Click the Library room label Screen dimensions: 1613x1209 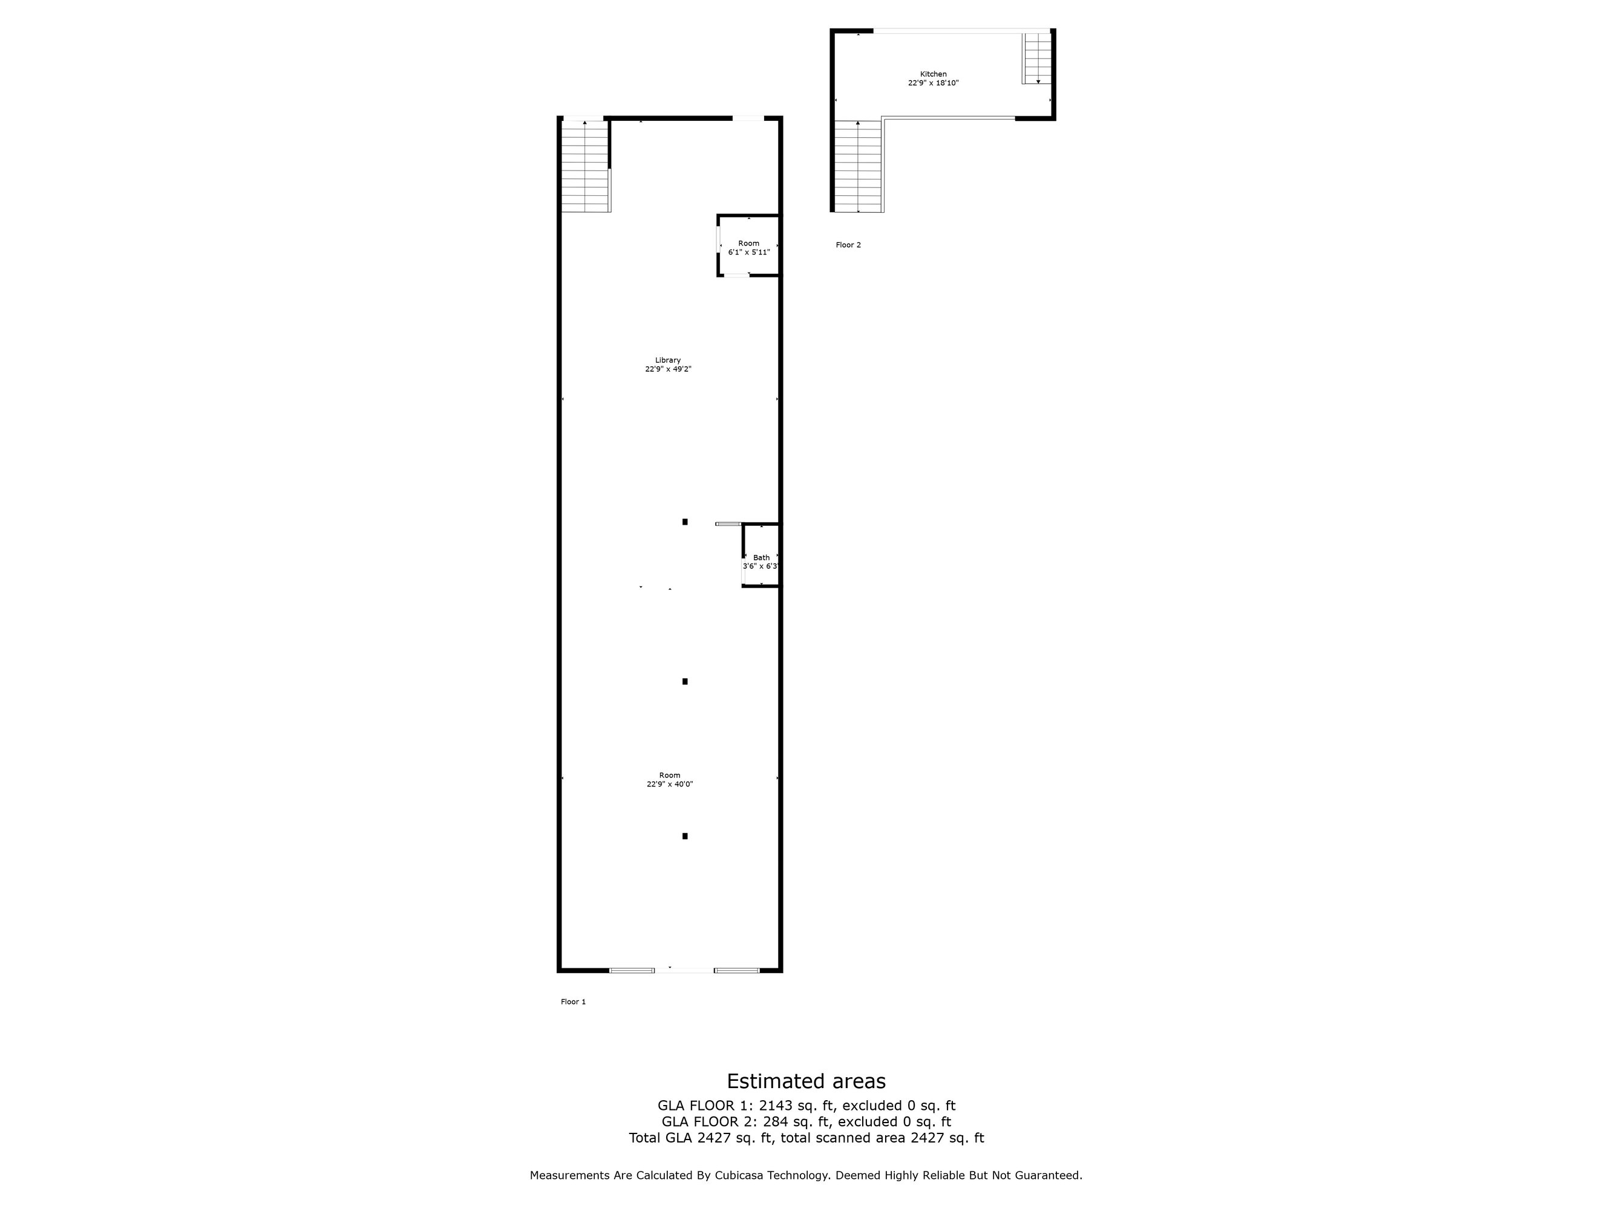click(x=667, y=360)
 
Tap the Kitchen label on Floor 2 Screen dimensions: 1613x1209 click(x=933, y=74)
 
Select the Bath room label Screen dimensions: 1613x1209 click(x=761, y=557)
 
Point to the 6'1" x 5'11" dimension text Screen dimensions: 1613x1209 click(x=749, y=252)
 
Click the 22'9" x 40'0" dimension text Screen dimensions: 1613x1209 click(x=669, y=784)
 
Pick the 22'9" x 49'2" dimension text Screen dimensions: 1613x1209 click(x=668, y=369)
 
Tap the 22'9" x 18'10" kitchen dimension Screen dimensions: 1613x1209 click(x=934, y=83)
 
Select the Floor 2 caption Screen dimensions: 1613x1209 click(x=848, y=245)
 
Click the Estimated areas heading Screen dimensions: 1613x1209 click(x=806, y=1081)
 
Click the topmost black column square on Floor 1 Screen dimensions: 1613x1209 click(x=685, y=522)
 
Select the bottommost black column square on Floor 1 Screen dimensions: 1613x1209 click(x=685, y=836)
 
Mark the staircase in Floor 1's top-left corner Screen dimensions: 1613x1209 click(x=586, y=166)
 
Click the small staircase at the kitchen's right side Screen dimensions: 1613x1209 click(x=1037, y=58)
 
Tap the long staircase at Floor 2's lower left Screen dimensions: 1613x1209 click(x=859, y=166)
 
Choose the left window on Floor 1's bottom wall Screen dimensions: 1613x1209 click(x=632, y=971)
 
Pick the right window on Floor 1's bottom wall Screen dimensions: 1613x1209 click(x=736, y=971)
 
